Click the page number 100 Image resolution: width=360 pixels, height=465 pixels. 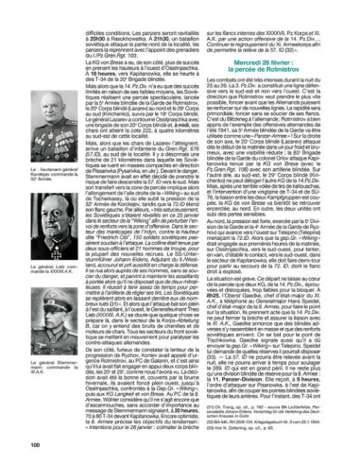tap(35, 443)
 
